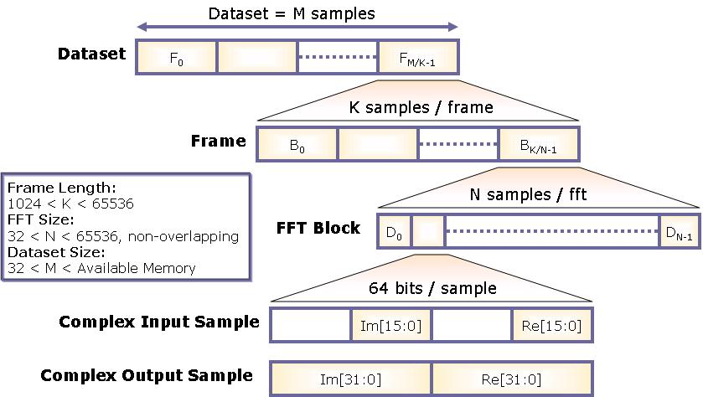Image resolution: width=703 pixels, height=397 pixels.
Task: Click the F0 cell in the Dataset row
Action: tap(176, 58)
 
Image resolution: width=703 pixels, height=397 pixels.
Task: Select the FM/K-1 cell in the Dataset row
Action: tap(416, 58)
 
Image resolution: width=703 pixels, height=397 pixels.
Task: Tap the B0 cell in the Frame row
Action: tap(297, 143)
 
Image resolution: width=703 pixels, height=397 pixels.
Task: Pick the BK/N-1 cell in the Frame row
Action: tap(537, 143)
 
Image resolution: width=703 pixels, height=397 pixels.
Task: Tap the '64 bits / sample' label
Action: tap(432, 288)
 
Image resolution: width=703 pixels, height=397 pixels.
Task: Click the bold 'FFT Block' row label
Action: tap(318, 228)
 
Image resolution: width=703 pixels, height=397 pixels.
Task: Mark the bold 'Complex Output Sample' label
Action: tap(147, 374)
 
